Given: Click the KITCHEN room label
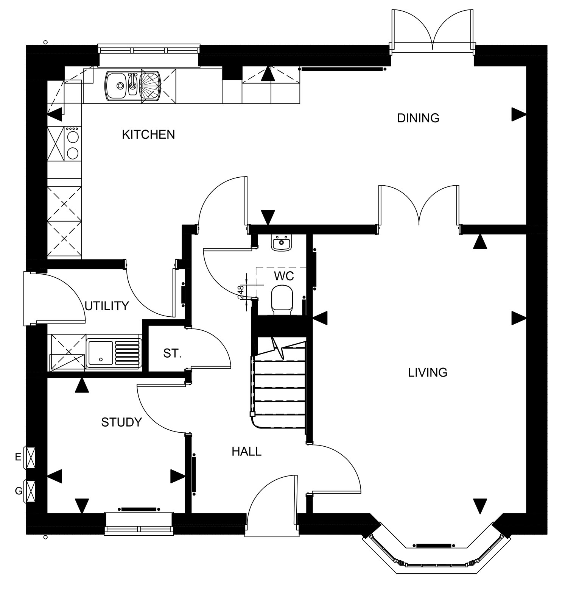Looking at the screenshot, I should [x=148, y=134].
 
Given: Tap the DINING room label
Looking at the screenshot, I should [x=418, y=118].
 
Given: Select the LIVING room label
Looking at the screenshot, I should [x=428, y=373].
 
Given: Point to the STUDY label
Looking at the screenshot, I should [x=121, y=422].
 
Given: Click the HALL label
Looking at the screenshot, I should [x=247, y=451].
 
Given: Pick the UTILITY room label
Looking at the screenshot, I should [x=107, y=306].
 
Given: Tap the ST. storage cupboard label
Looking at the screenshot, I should [x=173, y=354].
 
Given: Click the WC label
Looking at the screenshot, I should [x=284, y=276].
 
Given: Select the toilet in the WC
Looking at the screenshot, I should [x=282, y=299].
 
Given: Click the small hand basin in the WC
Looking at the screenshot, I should [x=281, y=242].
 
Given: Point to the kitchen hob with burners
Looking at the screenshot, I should [x=72, y=143].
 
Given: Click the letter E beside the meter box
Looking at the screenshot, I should [x=18, y=457].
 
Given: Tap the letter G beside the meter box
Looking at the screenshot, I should [x=18, y=491].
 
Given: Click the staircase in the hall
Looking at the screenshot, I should [x=279, y=383].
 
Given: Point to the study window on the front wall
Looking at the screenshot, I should [x=139, y=524].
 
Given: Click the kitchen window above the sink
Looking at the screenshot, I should [x=149, y=50].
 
